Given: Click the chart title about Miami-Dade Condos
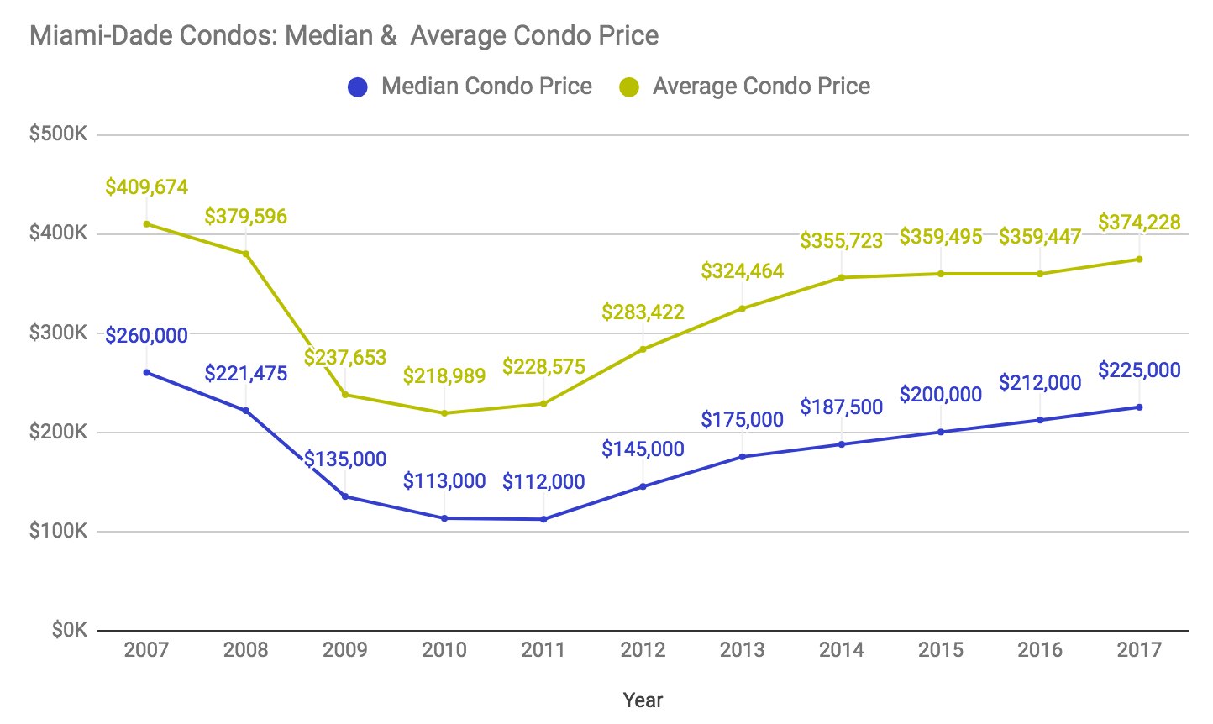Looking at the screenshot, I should click(344, 35).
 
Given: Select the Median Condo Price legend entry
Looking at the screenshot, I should click(470, 87).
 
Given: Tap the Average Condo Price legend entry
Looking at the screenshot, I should click(745, 87).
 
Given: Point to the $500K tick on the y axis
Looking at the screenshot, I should click(58, 134).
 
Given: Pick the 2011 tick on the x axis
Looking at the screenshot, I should click(543, 649).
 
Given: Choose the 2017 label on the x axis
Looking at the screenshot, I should click(1139, 649).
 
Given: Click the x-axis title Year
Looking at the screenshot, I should click(643, 700).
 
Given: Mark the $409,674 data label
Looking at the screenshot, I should click(147, 186).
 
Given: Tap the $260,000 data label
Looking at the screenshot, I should click(147, 336).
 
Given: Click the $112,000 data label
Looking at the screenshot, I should click(543, 482).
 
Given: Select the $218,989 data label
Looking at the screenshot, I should click(444, 375).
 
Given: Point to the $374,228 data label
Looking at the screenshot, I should click(1139, 223).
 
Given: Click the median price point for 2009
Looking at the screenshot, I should click(345, 496).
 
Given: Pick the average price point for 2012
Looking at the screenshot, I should click(643, 349).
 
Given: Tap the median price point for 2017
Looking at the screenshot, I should click(1139, 407).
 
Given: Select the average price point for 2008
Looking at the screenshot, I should click(246, 254).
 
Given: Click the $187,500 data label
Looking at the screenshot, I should click(842, 407).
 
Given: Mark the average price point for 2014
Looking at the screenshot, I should click(842, 278).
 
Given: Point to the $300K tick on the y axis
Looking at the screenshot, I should click(58, 333).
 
